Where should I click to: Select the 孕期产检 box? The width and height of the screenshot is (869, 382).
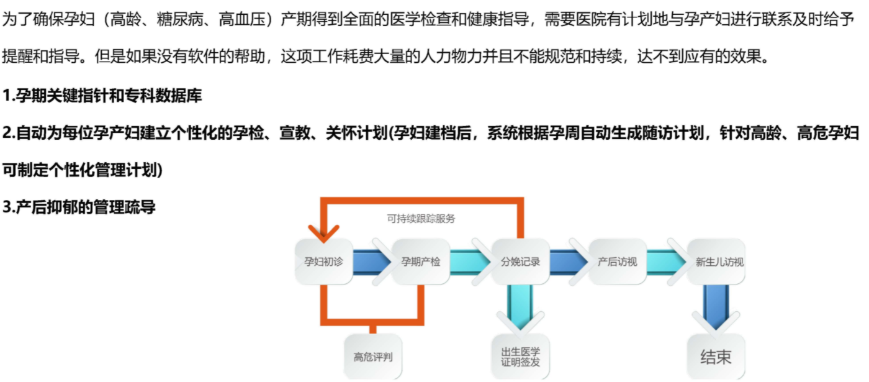tap(421, 261)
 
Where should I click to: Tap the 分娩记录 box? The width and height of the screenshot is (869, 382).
tap(520, 261)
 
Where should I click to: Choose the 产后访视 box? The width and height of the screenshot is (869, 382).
tap(617, 261)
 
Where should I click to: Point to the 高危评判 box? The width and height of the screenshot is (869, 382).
tap(373, 357)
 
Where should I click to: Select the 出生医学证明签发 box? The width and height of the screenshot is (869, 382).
tap(520, 357)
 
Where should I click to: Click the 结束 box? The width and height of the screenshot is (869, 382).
tap(716, 357)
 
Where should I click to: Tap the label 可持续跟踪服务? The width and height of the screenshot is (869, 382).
tap(421, 219)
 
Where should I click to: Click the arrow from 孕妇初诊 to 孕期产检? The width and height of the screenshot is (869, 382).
tap(371, 261)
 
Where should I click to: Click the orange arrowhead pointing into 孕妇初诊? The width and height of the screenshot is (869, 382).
tap(323, 234)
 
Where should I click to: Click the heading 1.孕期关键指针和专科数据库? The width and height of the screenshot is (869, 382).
tap(102, 96)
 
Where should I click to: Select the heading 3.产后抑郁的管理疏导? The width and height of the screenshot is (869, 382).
tap(79, 207)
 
